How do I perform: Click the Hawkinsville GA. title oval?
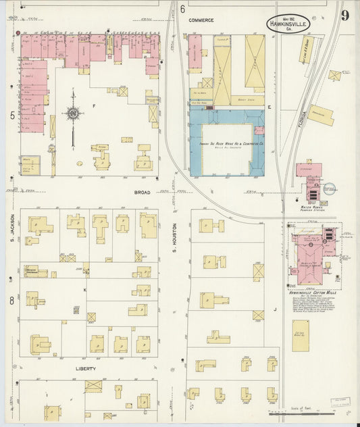point(288,22)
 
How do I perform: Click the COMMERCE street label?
point(201,20)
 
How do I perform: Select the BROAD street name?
point(142,192)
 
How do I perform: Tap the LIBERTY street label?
point(85,369)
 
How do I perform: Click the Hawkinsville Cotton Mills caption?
point(313,295)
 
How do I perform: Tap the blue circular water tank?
point(329,190)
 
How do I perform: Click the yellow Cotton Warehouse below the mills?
point(301,335)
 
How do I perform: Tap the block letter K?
point(85,290)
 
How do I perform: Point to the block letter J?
point(275,310)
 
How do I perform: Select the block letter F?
point(103,106)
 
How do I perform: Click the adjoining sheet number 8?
point(11,299)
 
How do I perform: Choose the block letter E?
point(269,107)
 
